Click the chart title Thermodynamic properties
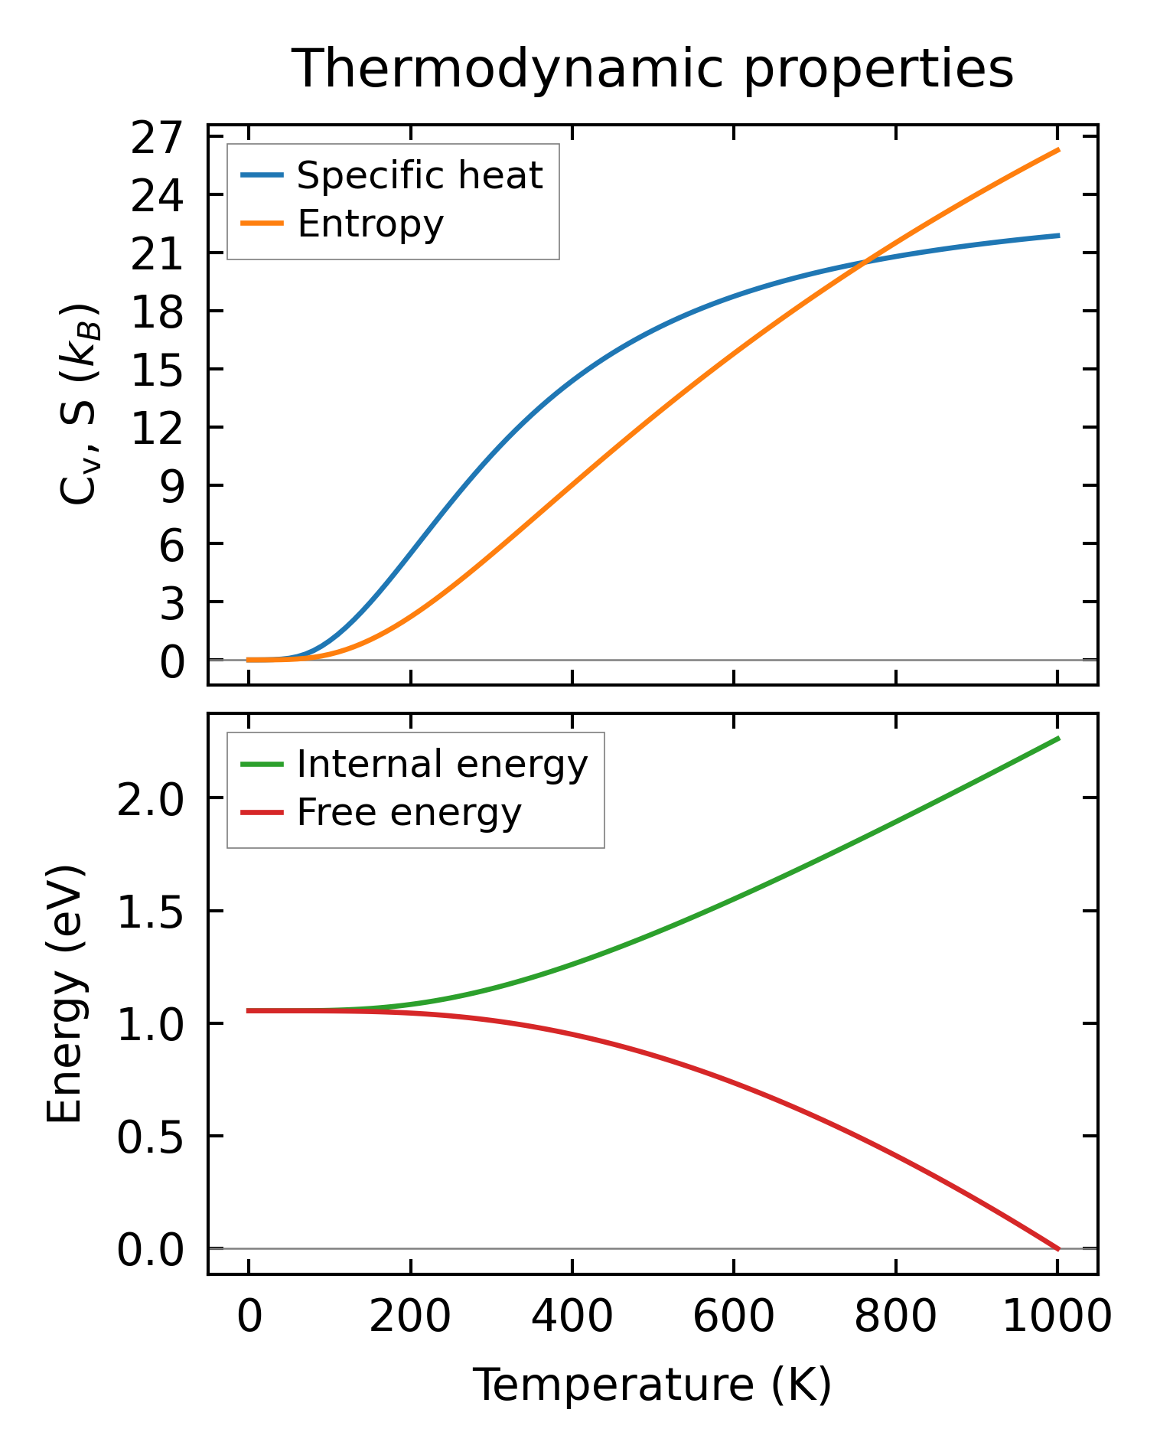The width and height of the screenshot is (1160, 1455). pyautogui.click(x=653, y=69)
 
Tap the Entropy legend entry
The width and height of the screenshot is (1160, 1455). pyautogui.click(x=370, y=223)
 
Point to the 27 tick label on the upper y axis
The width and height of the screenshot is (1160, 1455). pyautogui.click(x=158, y=139)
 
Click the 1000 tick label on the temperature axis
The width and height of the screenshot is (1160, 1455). pyautogui.click(x=1057, y=1317)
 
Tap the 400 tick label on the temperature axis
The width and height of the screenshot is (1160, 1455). pyautogui.click(x=572, y=1317)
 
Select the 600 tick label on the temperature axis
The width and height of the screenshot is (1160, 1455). pyautogui.click(x=734, y=1317)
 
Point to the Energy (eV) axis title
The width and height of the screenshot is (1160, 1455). pyautogui.click(x=64, y=994)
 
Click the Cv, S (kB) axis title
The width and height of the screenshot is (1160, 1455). pyautogui.click(x=78, y=404)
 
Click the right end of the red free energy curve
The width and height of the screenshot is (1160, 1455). pyautogui.click(x=1058, y=1249)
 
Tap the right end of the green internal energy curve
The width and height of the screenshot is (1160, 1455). pyautogui.click(x=1058, y=738)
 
